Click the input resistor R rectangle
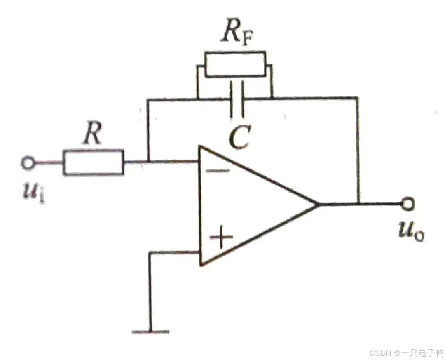pyautogui.click(x=93, y=162)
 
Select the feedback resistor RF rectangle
pyautogui.click(x=235, y=64)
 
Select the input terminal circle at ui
pyautogui.click(x=28, y=163)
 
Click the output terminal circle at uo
pyautogui.click(x=408, y=204)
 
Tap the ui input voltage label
pyautogui.click(x=33, y=194)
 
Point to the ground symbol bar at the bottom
pyautogui.click(x=151, y=331)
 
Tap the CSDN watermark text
pyautogui.click(x=406, y=353)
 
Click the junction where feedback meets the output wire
pyautogui.click(x=358, y=204)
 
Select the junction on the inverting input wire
pyautogui.click(x=148, y=162)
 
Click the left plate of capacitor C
pyautogui.click(x=232, y=99)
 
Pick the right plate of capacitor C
pyautogui.click(x=242, y=99)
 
